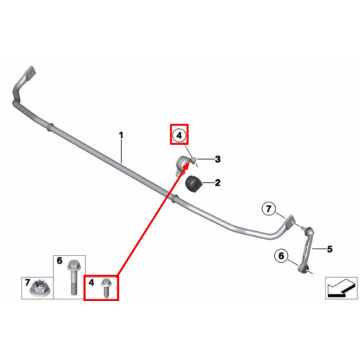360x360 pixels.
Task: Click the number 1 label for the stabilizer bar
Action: point(121,135)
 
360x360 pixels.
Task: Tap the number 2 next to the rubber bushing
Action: point(217,183)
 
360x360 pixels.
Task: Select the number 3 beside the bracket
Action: point(217,159)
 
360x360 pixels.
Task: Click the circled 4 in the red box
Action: point(179,135)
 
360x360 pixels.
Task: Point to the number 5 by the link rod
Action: point(330,249)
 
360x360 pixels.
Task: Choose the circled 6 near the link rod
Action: point(282,256)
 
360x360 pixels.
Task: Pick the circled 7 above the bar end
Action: point(269,209)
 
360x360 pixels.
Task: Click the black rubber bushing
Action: point(194,184)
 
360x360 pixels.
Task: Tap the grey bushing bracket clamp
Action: point(184,164)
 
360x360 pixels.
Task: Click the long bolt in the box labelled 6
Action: point(73,277)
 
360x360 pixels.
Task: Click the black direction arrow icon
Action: point(341,288)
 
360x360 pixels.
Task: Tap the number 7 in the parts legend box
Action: point(27,282)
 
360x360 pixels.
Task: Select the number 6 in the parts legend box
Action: point(59,261)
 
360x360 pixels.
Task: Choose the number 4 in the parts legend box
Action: point(91,282)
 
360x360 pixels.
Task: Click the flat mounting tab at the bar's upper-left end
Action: point(30,72)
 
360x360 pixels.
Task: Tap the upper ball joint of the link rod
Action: point(309,231)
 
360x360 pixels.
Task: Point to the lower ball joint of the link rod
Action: point(302,269)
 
